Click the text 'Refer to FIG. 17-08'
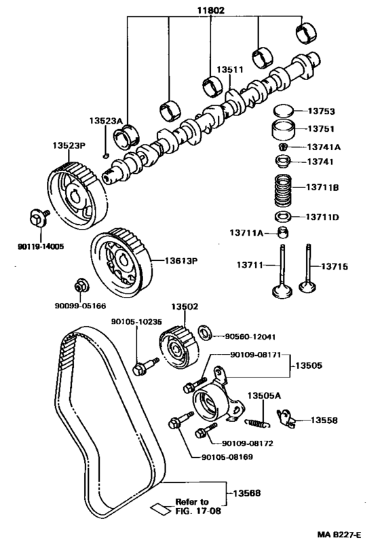[x=191, y=506]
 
